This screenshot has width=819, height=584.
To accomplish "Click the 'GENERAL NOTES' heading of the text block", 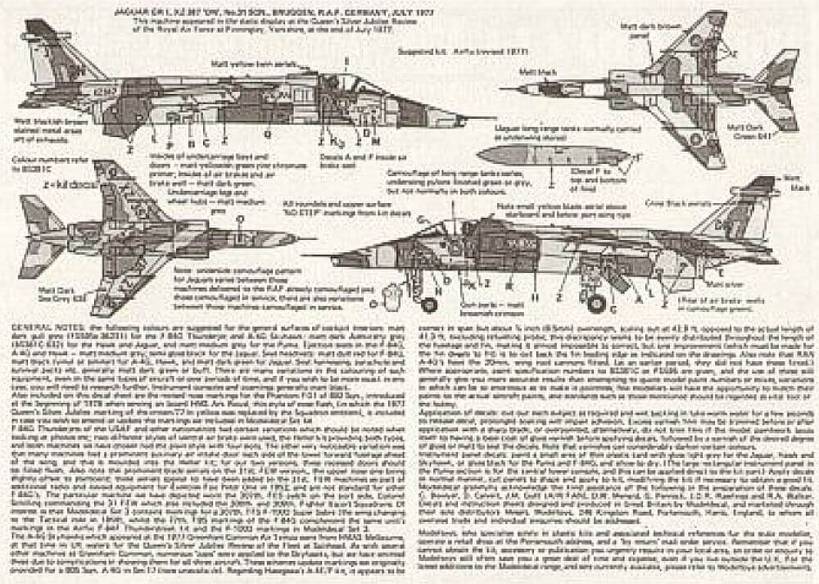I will (x=39, y=326).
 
